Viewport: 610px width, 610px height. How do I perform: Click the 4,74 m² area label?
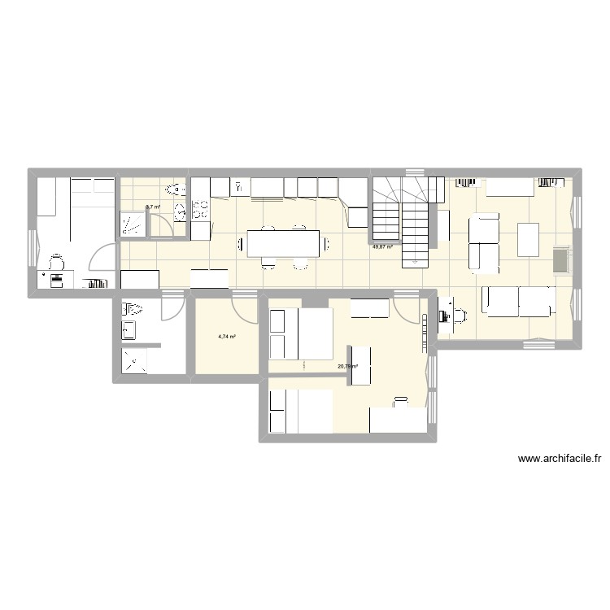[227, 335]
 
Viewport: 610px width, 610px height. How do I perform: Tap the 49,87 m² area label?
[382, 246]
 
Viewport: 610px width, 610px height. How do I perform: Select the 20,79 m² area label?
[347, 366]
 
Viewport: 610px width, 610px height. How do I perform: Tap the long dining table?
[282, 243]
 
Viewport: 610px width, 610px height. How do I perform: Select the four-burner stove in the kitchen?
[199, 211]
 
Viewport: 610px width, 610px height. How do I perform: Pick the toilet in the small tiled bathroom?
[172, 190]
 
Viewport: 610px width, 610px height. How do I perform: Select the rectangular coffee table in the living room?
[529, 237]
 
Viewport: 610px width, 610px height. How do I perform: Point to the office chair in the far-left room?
[55, 262]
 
